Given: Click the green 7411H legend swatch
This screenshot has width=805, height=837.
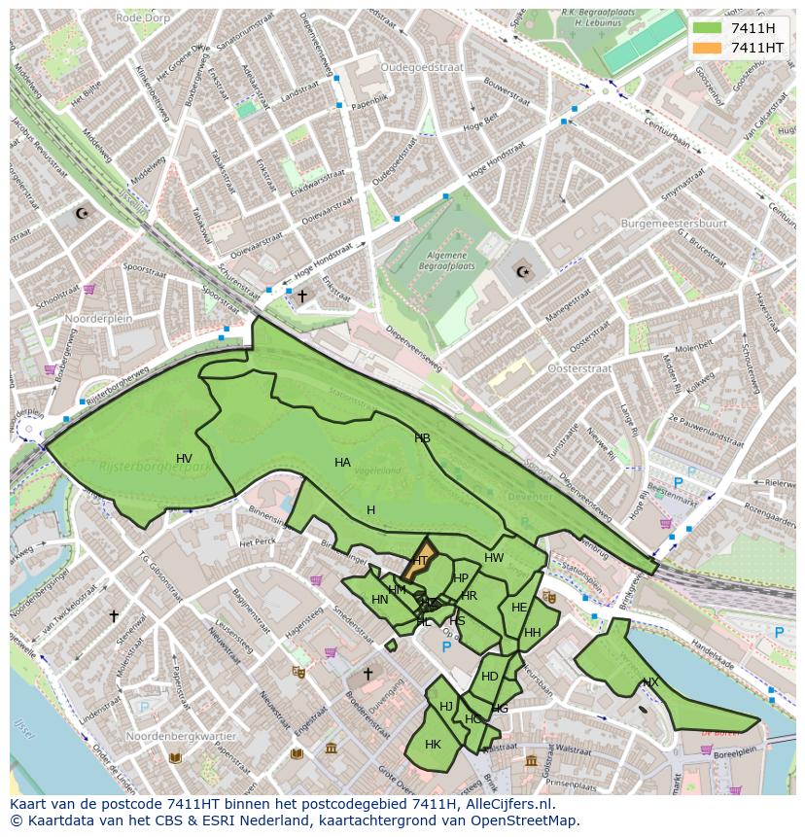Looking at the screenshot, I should (707, 28).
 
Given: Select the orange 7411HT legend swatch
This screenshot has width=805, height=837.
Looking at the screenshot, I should (707, 48).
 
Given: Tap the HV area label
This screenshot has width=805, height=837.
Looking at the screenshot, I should (184, 459).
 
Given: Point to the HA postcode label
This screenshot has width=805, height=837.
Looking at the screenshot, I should (342, 463).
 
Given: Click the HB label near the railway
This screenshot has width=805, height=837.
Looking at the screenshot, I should (422, 438).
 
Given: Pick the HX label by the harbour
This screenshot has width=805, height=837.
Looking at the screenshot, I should (650, 682).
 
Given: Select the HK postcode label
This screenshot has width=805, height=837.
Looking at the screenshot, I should (433, 745).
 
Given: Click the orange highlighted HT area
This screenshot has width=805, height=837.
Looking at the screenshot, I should (420, 561).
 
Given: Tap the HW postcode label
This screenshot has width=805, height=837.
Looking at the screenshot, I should (494, 558).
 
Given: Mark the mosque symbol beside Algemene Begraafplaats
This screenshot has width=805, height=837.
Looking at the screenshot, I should (523, 271).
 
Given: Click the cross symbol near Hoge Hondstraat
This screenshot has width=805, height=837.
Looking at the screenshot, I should (301, 295).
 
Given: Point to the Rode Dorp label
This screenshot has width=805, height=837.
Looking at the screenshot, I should (142, 17).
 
